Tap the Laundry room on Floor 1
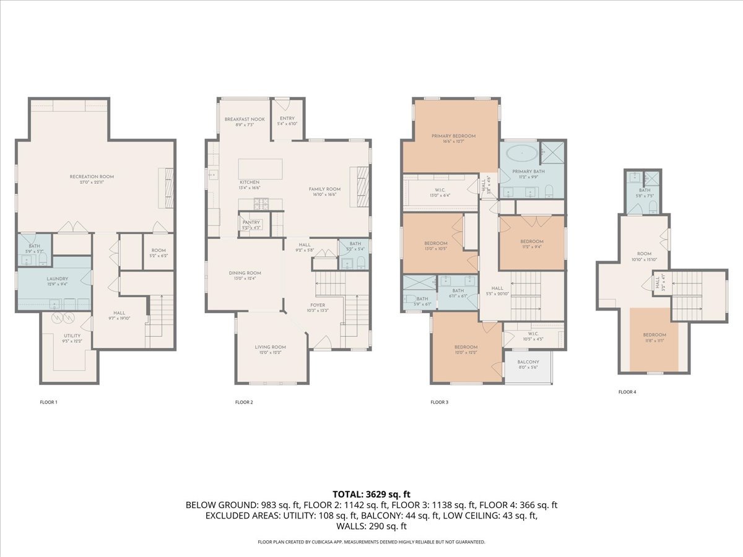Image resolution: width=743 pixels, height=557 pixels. pos(57,279)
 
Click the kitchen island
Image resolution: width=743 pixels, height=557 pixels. pos(261,169)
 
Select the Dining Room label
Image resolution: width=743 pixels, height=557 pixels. pos(245,273)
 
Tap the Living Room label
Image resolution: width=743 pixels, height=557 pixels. pos(270,347)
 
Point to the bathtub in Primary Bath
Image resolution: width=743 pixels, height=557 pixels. pos(521,152)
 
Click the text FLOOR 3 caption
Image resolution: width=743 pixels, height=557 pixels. pos(439,402)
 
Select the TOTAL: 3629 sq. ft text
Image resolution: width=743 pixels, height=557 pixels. pos(371,494)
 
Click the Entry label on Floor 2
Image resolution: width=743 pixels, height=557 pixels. pos(287,119)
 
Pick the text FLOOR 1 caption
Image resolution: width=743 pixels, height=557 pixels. pos(48,402)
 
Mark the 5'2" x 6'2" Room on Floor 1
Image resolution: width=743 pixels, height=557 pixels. pos(159,253)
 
